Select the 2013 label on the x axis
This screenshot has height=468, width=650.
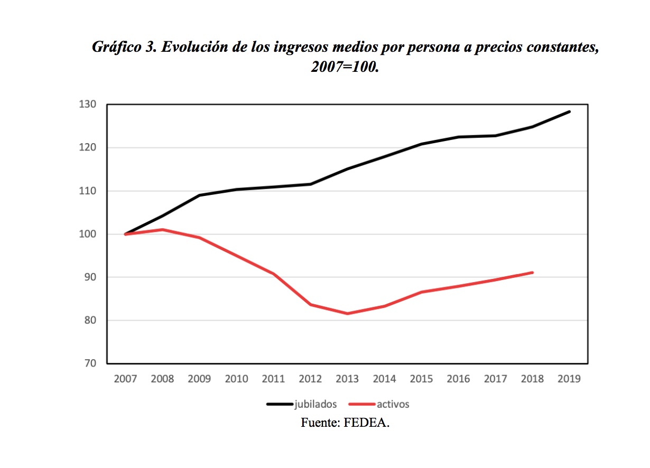point(347,379)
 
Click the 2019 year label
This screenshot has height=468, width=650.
point(569,379)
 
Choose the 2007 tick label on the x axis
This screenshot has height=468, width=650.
point(125,379)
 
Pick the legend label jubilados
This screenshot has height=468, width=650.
point(315,405)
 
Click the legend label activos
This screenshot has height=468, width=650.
point(393,405)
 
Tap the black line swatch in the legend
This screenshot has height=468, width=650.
point(280,405)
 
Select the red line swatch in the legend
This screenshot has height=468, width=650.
point(362,405)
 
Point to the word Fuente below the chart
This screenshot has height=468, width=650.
point(319,423)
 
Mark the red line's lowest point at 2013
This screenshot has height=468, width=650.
point(347,314)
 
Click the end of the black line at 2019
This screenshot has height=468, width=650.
point(569,111)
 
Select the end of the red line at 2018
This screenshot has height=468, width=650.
point(532,273)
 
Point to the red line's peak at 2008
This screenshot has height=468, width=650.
point(162,230)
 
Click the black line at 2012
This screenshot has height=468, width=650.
point(310,184)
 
